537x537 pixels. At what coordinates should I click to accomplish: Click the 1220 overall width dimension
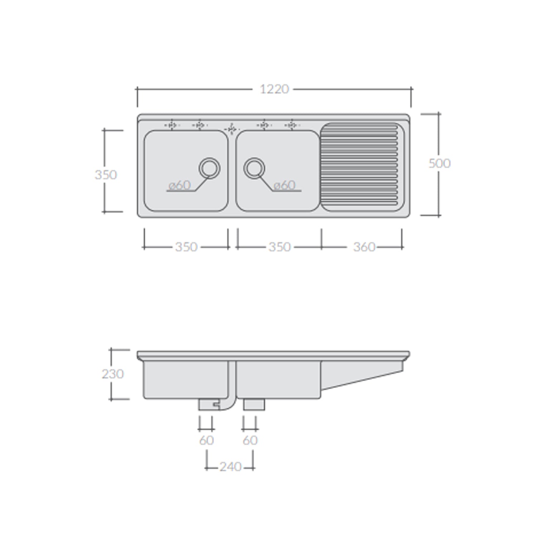274,89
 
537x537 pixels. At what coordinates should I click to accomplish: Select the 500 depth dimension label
439,163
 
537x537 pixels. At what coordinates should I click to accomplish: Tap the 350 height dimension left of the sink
106,175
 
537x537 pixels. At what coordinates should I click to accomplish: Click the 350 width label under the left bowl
186,247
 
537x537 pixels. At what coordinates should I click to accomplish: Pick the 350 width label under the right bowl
280,247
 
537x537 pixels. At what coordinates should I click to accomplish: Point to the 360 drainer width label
364,247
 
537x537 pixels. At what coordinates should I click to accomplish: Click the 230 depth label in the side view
113,374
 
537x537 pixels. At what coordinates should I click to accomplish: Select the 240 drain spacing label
230,467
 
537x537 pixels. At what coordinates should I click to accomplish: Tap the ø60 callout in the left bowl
180,185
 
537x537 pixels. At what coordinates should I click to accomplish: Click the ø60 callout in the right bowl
284,185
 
